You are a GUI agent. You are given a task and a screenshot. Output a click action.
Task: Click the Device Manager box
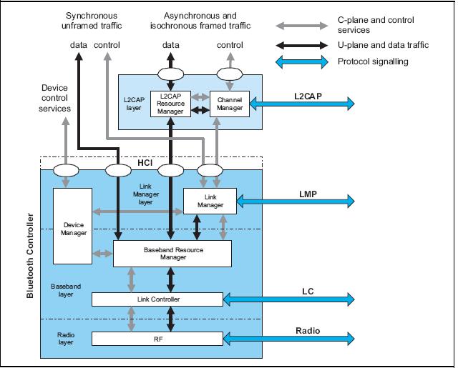pyautogui.click(x=72, y=225)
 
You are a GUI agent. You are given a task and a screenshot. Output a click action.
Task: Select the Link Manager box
pyautogui.click(x=209, y=201)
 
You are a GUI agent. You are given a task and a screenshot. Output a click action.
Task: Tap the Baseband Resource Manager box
pyautogui.click(x=172, y=253)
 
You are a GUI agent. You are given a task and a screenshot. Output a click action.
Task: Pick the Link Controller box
pyautogui.click(x=157, y=298)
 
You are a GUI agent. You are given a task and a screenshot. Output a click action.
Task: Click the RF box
pyautogui.click(x=157, y=338)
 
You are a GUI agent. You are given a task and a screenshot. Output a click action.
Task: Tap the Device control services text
pyautogui.click(x=55, y=98)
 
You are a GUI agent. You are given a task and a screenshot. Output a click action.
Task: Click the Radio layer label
pyautogui.click(x=65, y=337)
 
